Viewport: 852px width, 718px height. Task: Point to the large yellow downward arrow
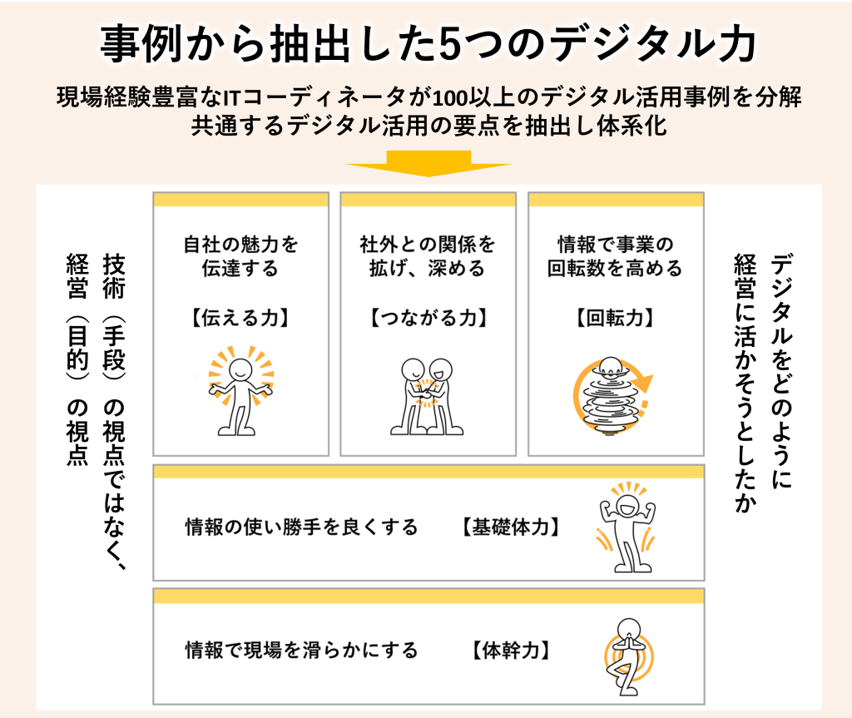tap(428, 162)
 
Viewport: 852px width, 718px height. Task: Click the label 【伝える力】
tap(240, 318)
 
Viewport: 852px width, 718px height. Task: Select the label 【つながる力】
tap(428, 318)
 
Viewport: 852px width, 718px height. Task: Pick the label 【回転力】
tap(616, 318)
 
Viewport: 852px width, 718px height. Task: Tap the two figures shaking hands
tap(428, 395)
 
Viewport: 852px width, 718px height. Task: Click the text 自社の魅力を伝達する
tap(240, 256)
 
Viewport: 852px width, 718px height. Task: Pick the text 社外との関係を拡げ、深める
tap(428, 256)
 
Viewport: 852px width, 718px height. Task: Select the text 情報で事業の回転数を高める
tap(616, 256)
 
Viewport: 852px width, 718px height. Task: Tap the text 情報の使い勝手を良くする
tap(301, 527)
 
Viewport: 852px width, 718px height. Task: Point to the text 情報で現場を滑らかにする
tap(301, 650)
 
